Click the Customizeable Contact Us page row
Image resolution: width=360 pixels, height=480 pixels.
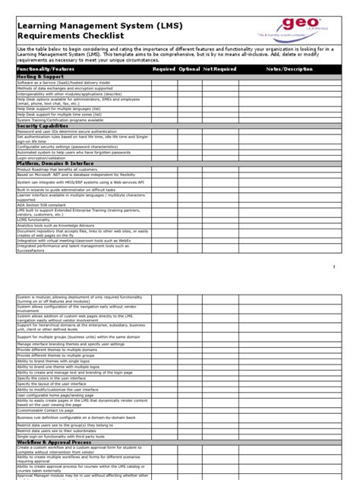click(51, 409)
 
